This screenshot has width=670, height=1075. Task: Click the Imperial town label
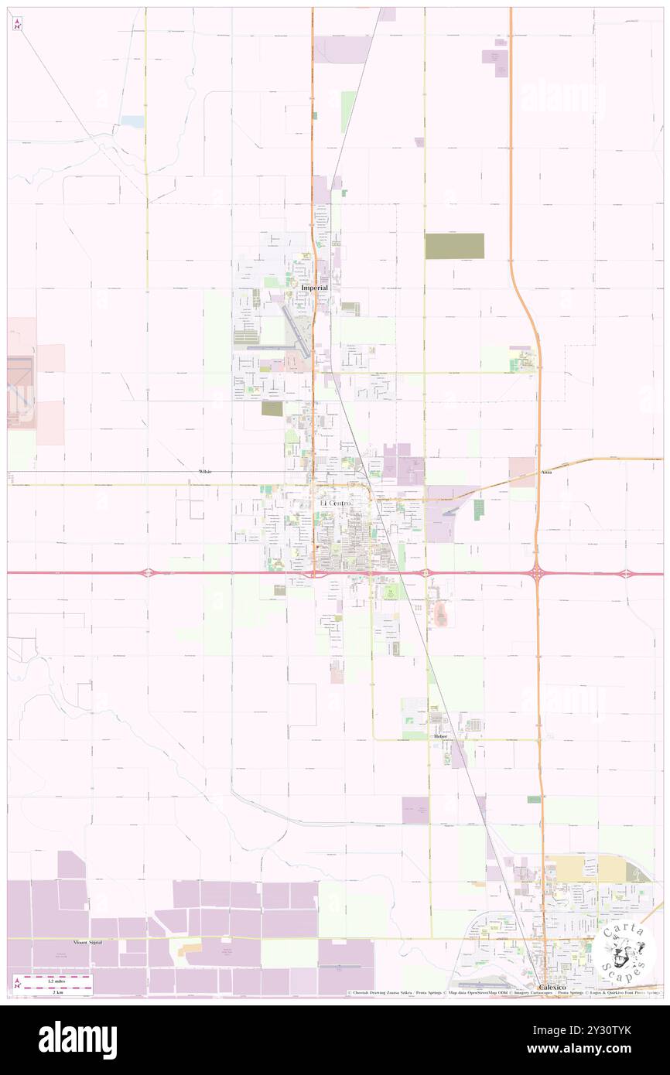[314, 288]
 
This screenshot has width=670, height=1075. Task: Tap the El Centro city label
[335, 503]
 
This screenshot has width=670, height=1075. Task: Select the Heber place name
[440, 737]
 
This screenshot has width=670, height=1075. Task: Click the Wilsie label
[205, 471]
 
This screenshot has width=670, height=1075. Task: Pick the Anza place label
[547, 471]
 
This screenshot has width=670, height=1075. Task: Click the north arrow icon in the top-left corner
[17, 24]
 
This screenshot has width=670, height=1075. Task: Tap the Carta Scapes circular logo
[626, 953]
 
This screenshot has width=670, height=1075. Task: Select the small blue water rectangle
[132, 121]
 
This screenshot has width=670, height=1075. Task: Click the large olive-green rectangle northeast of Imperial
[454, 246]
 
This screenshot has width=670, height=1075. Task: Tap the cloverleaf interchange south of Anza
[536, 574]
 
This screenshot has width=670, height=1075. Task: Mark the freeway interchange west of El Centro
[148, 573]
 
